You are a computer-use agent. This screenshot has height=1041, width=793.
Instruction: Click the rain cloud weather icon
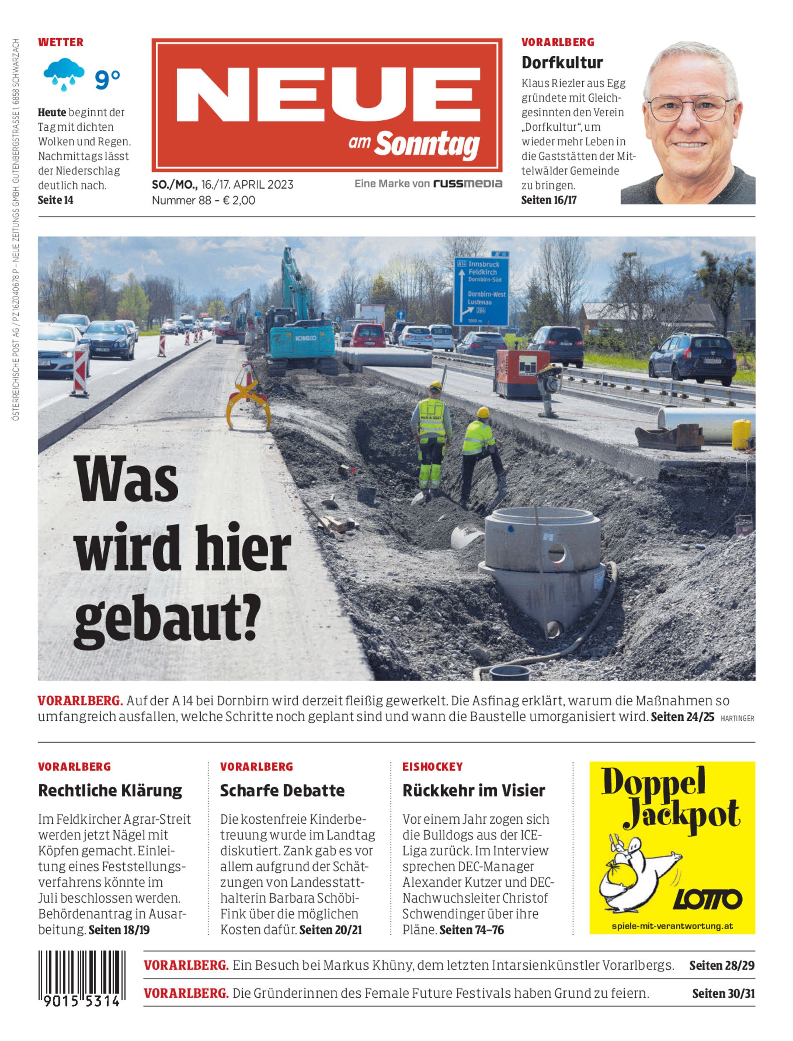click(64, 74)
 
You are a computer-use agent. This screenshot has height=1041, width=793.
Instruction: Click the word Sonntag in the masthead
click(427, 145)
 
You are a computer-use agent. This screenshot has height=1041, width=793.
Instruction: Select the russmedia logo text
click(468, 184)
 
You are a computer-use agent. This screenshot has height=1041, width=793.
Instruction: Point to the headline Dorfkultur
click(562, 62)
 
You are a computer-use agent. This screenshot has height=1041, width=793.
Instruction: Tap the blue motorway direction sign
click(481, 291)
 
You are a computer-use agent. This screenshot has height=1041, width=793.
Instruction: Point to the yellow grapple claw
click(249, 399)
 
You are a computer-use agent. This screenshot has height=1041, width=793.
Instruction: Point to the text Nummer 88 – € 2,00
click(203, 200)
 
